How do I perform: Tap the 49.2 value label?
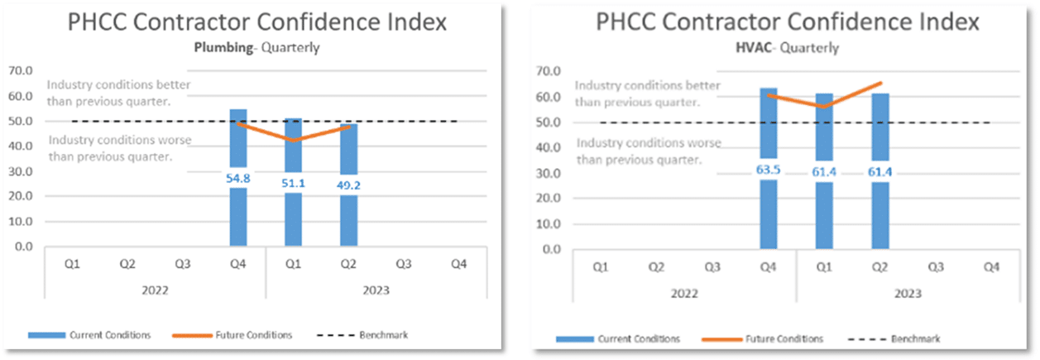pos(348,186)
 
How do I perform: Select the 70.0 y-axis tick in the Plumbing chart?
pos(21,71)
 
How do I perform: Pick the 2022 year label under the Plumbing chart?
pos(155,290)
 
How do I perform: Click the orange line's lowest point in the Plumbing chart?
pos(293,141)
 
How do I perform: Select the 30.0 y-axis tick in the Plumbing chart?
pos(21,172)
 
